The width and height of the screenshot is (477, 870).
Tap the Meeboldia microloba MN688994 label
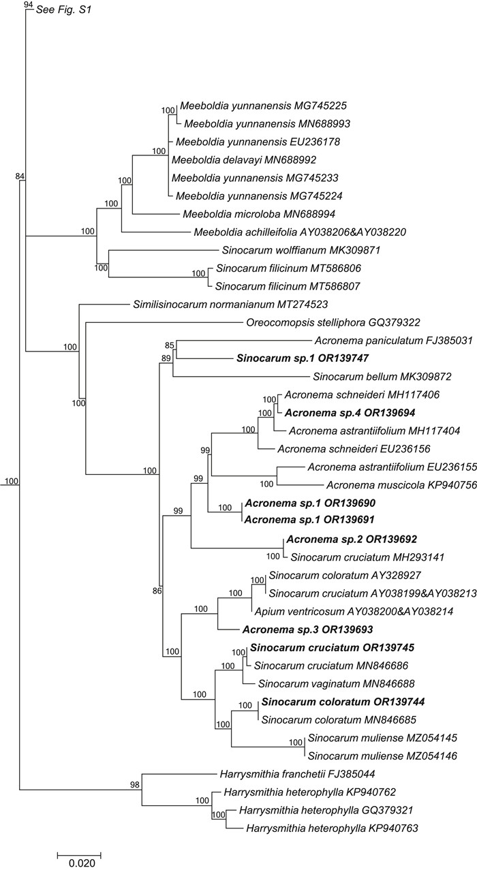(244, 213)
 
